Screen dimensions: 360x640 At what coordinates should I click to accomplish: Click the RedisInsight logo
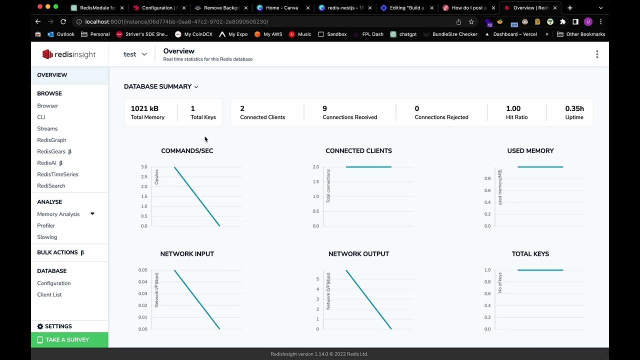[69, 54]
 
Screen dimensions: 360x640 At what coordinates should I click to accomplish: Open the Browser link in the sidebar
[47, 106]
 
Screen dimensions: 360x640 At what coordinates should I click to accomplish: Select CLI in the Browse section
[41, 117]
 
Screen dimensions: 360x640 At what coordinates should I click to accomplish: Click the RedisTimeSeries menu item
[57, 174]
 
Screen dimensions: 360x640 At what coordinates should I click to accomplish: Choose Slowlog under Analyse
[47, 237]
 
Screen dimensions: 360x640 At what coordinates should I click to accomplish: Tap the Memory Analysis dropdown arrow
[92, 214]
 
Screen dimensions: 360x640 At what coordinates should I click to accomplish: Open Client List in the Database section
[49, 295]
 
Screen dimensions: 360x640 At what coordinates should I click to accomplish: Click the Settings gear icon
[40, 326]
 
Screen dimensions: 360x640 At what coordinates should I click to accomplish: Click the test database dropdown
[135, 54]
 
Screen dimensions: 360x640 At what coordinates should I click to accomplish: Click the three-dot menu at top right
[597, 54]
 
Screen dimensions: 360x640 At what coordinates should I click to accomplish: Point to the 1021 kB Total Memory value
[144, 108]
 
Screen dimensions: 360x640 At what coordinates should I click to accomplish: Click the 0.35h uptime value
[574, 108]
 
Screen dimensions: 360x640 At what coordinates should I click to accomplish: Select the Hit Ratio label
[516, 117]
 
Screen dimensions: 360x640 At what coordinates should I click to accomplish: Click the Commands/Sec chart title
[187, 151]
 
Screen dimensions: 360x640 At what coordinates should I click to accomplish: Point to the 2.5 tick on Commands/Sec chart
[144, 177]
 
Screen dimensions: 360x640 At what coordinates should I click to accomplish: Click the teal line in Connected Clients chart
[368, 167]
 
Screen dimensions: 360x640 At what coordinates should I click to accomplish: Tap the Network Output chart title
[358, 254]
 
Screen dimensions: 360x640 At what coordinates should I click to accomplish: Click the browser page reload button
[63, 22]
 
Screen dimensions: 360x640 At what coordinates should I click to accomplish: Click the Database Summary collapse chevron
[196, 87]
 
